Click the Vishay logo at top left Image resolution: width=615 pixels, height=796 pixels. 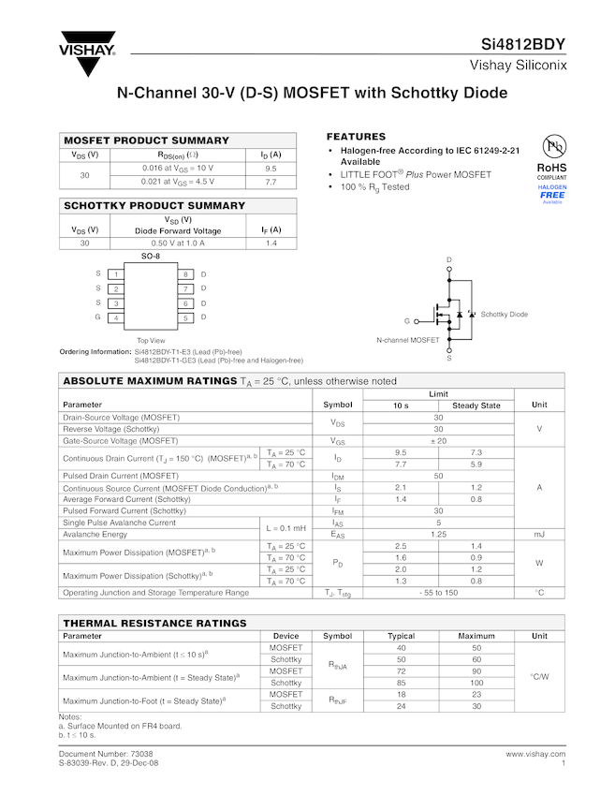[87, 54]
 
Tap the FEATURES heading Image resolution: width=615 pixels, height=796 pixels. [356, 137]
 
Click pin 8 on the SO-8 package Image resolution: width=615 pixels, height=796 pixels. [185, 274]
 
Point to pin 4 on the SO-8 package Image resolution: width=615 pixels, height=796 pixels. [115, 318]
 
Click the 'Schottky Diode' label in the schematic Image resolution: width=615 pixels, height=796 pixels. [504, 315]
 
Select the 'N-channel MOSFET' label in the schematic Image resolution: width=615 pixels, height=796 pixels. [408, 340]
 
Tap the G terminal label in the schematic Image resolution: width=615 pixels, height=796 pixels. [407, 320]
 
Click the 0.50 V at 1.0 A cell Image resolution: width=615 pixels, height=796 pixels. [178, 243]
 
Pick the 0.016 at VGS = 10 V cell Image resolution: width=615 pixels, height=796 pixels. [178, 168]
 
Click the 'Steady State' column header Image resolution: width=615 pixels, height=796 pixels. [476, 405]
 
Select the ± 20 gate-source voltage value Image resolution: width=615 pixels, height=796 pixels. [438, 440]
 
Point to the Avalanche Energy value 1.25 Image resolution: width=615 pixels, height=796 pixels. [438, 535]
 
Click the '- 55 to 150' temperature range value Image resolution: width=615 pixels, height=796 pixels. [438, 593]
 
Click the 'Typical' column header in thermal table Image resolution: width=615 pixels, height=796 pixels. [401, 636]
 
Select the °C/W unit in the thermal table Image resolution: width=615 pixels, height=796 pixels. [539, 676]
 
